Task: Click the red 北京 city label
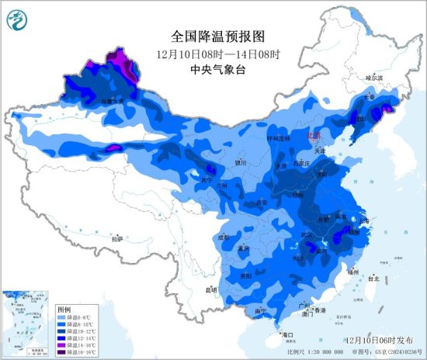313,134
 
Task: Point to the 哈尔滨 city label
375,78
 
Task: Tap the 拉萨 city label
116,239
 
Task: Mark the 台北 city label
373,277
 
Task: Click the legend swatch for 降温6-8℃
61,318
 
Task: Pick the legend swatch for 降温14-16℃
61,344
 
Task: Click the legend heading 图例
64,310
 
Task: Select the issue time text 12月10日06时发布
377,340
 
